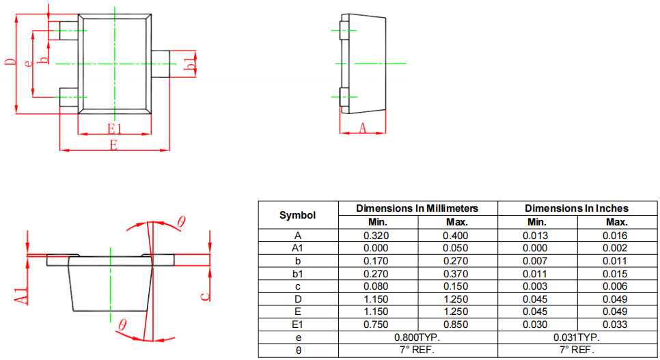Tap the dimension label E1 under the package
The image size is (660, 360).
[114, 128]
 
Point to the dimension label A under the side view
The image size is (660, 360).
[363, 127]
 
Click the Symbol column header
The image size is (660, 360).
[297, 215]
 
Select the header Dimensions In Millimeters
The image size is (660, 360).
[417, 208]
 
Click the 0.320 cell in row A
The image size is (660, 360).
[376, 236]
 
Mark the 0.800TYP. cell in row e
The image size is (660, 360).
[417, 337]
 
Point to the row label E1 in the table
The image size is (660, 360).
[297, 324]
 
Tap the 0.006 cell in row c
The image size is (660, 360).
[616, 286]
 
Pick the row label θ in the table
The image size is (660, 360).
[297, 350]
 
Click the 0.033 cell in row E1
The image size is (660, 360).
[616, 324]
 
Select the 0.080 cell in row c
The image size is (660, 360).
[376, 286]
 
